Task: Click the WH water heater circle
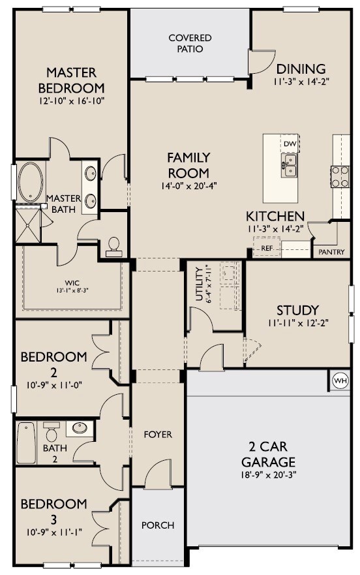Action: coord(340,381)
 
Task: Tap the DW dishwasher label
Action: coord(290,144)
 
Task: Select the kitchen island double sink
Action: coord(290,165)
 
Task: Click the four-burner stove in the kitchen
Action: coord(340,177)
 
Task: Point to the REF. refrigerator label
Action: coord(267,248)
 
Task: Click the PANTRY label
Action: coord(331,252)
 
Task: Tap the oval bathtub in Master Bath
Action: coord(31,182)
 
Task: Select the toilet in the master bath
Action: coord(114,247)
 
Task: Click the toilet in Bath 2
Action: coord(52,431)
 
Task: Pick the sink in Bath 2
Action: coord(79,428)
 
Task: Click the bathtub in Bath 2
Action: coord(26,443)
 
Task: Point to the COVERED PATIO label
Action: coord(190,43)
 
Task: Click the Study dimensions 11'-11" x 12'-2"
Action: coord(297,323)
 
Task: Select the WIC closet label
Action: coord(72,283)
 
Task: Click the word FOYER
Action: coord(158,435)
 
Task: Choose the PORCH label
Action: coord(158,525)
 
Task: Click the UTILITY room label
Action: coord(199,284)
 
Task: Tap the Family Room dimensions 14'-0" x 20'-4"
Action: coord(188,186)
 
